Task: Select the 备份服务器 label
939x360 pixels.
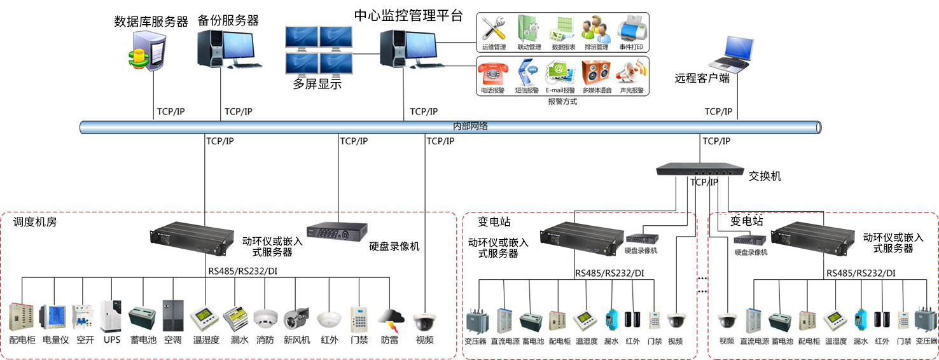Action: tap(228, 20)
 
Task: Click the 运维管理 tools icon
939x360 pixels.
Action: tap(493, 29)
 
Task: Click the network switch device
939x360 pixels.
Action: tap(700, 169)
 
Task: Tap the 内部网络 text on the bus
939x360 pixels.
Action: tap(470, 127)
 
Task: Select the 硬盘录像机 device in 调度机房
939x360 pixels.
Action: tap(337, 230)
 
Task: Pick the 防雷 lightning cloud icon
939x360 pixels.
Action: tap(389, 319)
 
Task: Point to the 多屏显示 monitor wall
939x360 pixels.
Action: tap(319, 50)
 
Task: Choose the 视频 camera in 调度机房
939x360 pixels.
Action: tap(424, 320)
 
